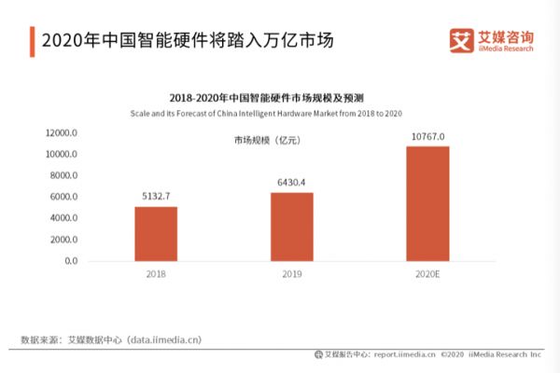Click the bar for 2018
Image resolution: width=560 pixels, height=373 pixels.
156,233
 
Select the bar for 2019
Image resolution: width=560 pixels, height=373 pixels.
292,227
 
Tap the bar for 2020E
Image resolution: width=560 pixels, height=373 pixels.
427,203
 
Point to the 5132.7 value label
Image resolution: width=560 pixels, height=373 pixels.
156,197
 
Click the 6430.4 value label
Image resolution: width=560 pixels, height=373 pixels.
292,183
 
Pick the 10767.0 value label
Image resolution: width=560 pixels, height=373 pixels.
427,136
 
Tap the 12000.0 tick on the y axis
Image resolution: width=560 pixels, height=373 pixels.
59,132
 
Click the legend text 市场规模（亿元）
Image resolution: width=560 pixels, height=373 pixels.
269,140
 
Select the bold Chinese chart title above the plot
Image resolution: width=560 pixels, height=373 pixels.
279,97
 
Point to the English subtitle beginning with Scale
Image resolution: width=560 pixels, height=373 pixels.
279,113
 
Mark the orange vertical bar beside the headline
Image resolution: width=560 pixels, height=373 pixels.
32,42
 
